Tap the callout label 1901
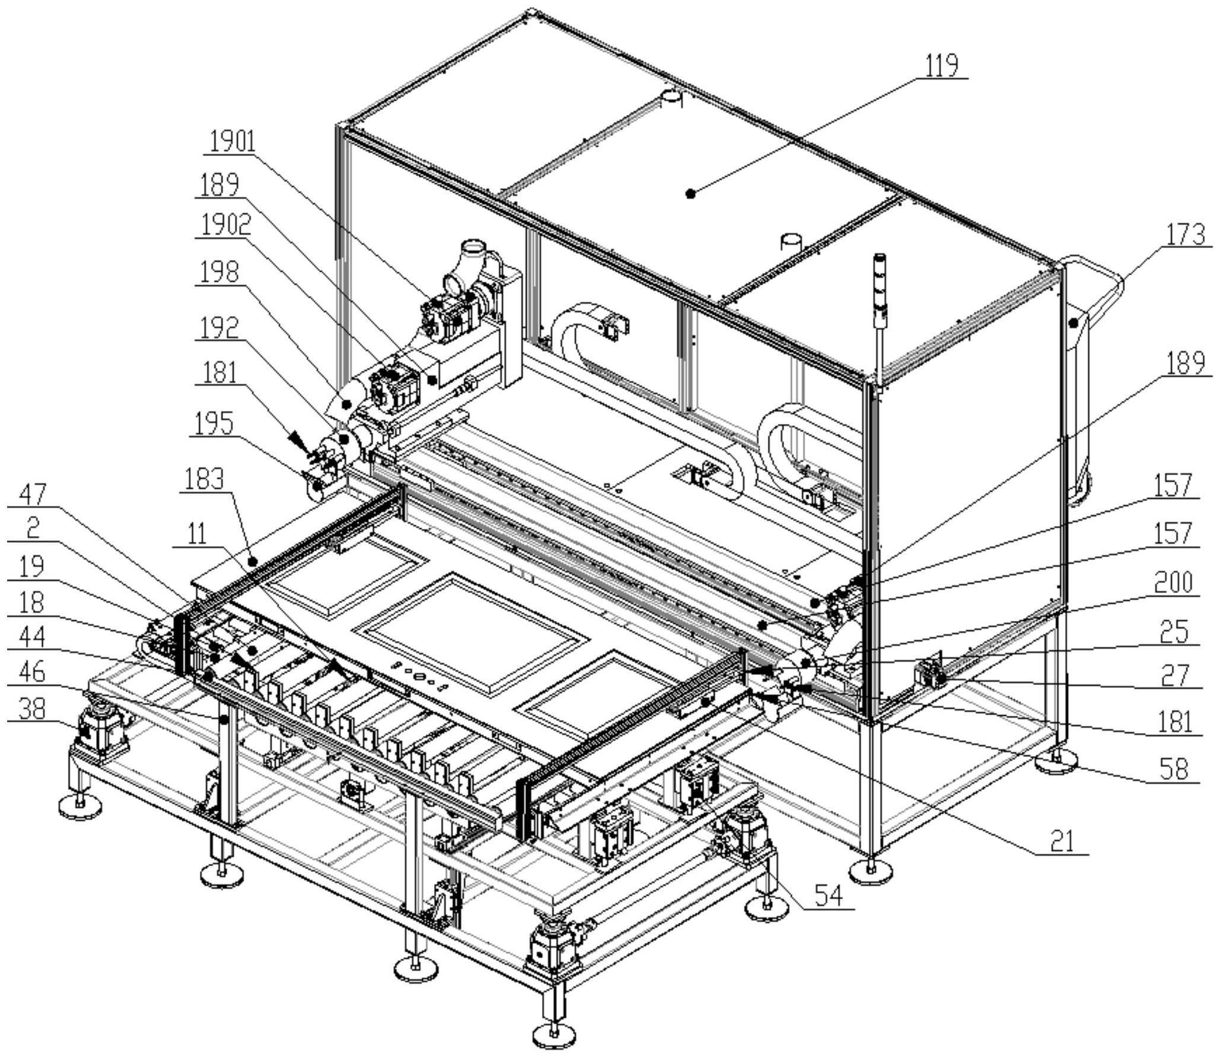(x=232, y=142)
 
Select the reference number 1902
(x=225, y=225)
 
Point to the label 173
(x=1185, y=235)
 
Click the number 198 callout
(x=218, y=273)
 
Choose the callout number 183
(x=205, y=479)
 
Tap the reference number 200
(x=1174, y=582)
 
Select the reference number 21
(x=1062, y=842)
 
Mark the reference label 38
(x=32, y=709)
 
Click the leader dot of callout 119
(x=690, y=193)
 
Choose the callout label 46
(x=32, y=672)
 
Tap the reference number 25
(x=1174, y=632)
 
